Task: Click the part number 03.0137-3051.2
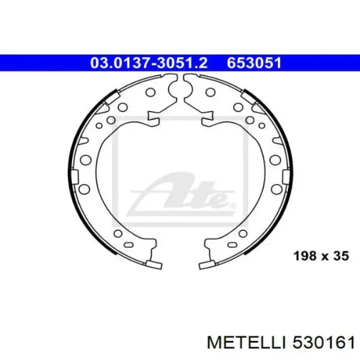point(149,62)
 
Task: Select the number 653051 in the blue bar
point(254,62)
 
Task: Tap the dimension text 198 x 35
point(322,256)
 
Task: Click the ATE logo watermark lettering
point(181,194)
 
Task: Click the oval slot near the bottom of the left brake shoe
point(128,245)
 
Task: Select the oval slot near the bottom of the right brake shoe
point(233,245)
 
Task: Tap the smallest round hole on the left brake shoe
point(99,125)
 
